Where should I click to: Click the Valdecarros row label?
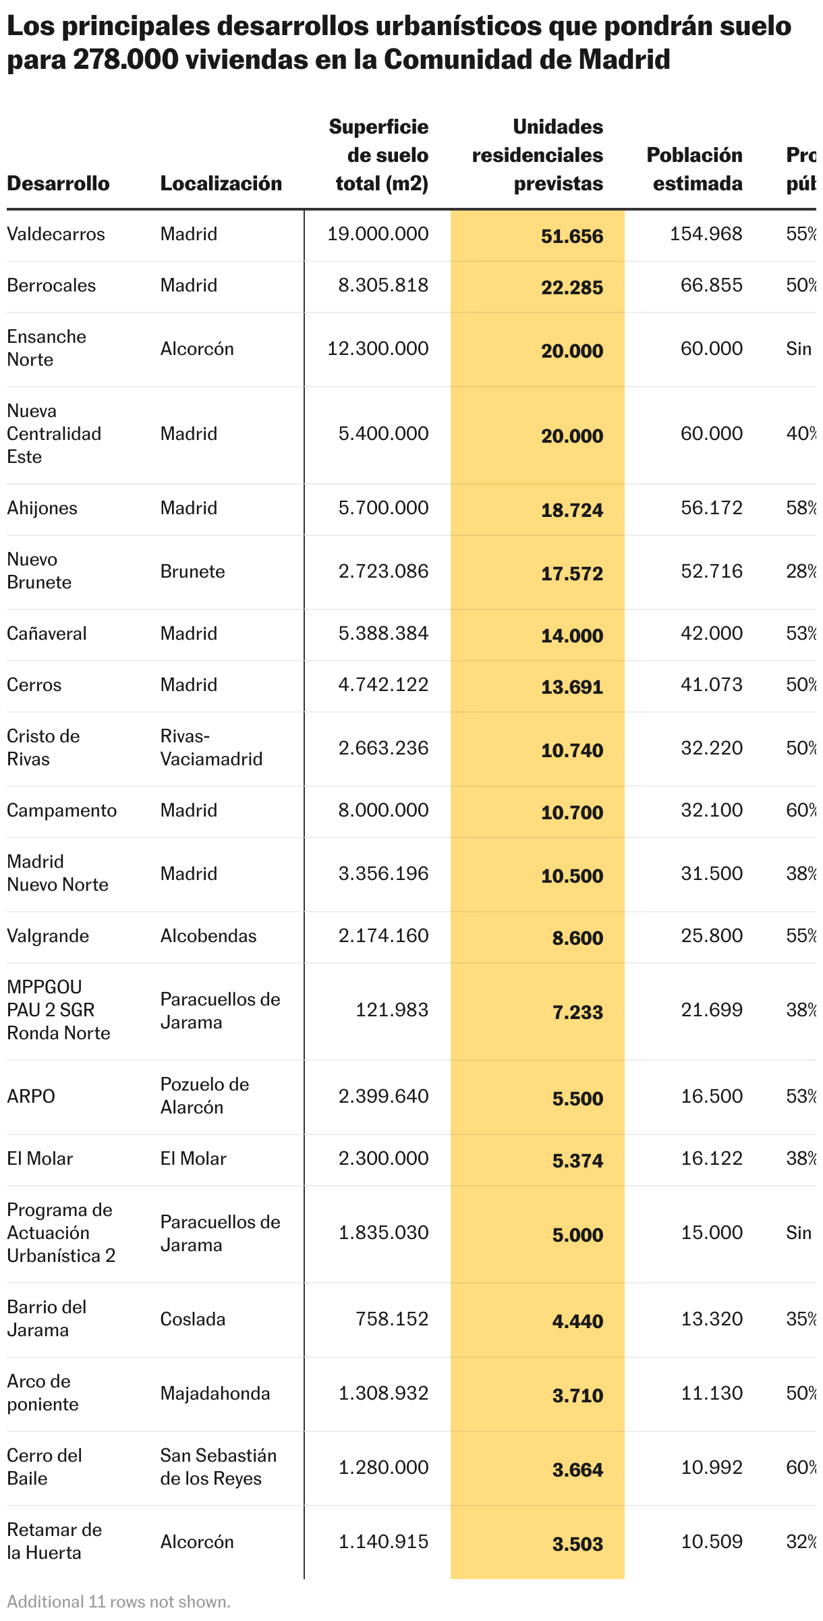[56, 234]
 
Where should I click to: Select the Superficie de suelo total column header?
[379, 155]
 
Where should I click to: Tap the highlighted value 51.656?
[571, 236]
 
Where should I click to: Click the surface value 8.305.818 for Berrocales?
[383, 285]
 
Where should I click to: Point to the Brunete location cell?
[192, 572]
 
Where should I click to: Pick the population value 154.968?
[706, 234]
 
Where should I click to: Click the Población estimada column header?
[695, 169]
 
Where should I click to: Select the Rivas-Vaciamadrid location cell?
[210, 748]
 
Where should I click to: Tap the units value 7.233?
[577, 1012]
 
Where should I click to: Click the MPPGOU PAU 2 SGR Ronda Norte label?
[58, 1010]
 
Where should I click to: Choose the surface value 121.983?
[392, 1010]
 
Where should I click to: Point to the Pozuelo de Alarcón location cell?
[204, 1096]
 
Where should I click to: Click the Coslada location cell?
[192, 1319]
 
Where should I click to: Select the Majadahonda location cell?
[215, 1394]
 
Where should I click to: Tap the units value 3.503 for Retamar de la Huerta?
[577, 1545]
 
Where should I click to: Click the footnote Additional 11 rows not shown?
[119, 1602]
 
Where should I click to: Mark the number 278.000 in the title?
[125, 60]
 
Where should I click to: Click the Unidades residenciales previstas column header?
[538, 155]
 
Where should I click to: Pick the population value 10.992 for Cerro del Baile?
[711, 1468]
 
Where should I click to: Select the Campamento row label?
[61, 810]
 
